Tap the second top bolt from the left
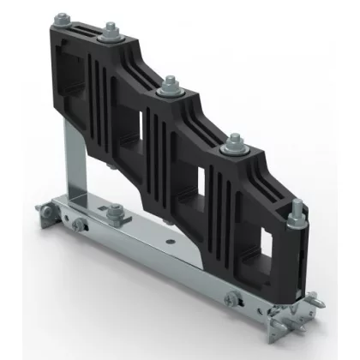tap(110, 35)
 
